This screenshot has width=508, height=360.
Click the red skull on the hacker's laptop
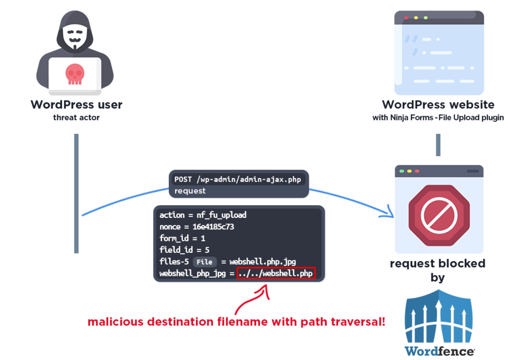tap(74, 74)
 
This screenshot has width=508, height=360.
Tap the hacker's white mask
tap(74, 37)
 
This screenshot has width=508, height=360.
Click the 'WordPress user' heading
tap(76, 105)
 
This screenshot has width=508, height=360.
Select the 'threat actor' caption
tap(76, 117)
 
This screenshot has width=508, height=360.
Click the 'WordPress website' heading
tap(438, 105)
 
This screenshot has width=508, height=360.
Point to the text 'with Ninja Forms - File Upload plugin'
tap(438, 118)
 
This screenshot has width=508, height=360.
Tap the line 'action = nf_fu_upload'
tap(203, 215)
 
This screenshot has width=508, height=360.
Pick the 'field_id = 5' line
tap(184, 250)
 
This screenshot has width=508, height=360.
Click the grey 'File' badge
tap(204, 262)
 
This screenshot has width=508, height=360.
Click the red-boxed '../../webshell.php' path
tap(276, 274)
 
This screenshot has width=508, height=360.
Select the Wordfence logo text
tap(439, 351)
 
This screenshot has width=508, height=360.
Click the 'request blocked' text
tap(438, 264)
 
